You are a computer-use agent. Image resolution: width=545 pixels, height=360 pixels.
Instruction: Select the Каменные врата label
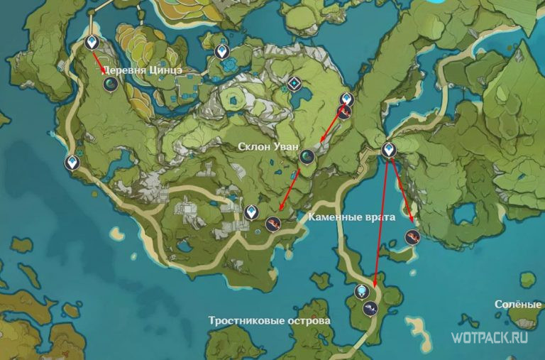(352, 217)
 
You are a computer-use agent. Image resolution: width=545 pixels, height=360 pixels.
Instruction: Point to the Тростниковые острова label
(270, 320)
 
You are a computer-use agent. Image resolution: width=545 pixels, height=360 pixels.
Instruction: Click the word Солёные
(518, 304)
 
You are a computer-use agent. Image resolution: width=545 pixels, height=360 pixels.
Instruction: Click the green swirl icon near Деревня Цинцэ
(110, 84)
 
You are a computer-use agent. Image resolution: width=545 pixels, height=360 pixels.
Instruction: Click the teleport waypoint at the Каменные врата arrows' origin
(387, 150)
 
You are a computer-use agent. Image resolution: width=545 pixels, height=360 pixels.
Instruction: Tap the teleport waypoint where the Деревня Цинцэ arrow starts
(92, 43)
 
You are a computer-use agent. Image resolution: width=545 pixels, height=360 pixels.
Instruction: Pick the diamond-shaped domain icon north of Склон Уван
(293, 85)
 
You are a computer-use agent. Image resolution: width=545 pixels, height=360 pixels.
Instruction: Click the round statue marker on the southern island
(362, 291)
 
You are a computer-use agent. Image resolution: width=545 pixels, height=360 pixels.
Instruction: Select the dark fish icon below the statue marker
(370, 308)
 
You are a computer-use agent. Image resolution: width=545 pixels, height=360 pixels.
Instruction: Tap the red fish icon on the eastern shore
(411, 236)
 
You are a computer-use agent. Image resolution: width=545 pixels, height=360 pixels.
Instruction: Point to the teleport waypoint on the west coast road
(72, 163)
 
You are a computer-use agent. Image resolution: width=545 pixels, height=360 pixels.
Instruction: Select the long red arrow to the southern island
(380, 227)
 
